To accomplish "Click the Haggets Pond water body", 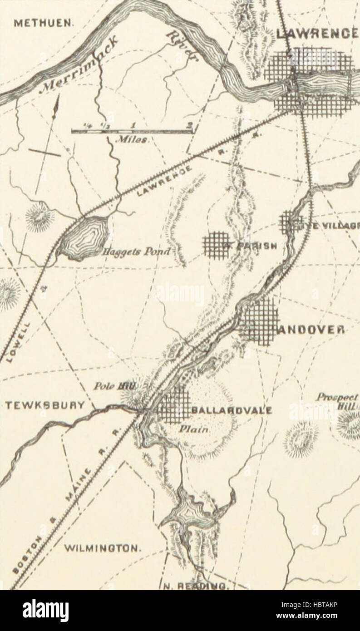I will (x=86, y=237).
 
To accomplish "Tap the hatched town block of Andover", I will (x=259, y=321).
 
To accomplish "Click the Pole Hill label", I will (x=118, y=386).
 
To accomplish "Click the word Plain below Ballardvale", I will (x=191, y=427).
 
